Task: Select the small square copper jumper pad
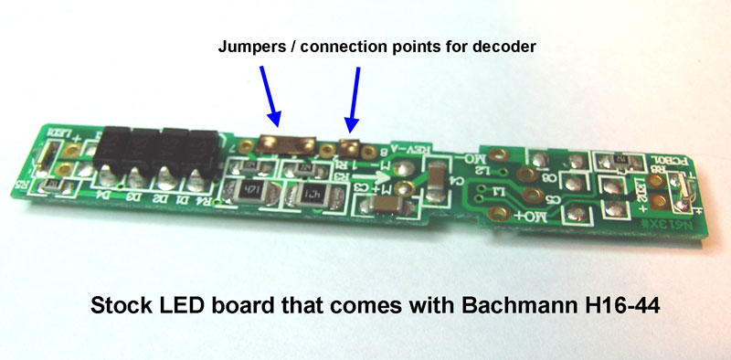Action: point(347,144)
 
